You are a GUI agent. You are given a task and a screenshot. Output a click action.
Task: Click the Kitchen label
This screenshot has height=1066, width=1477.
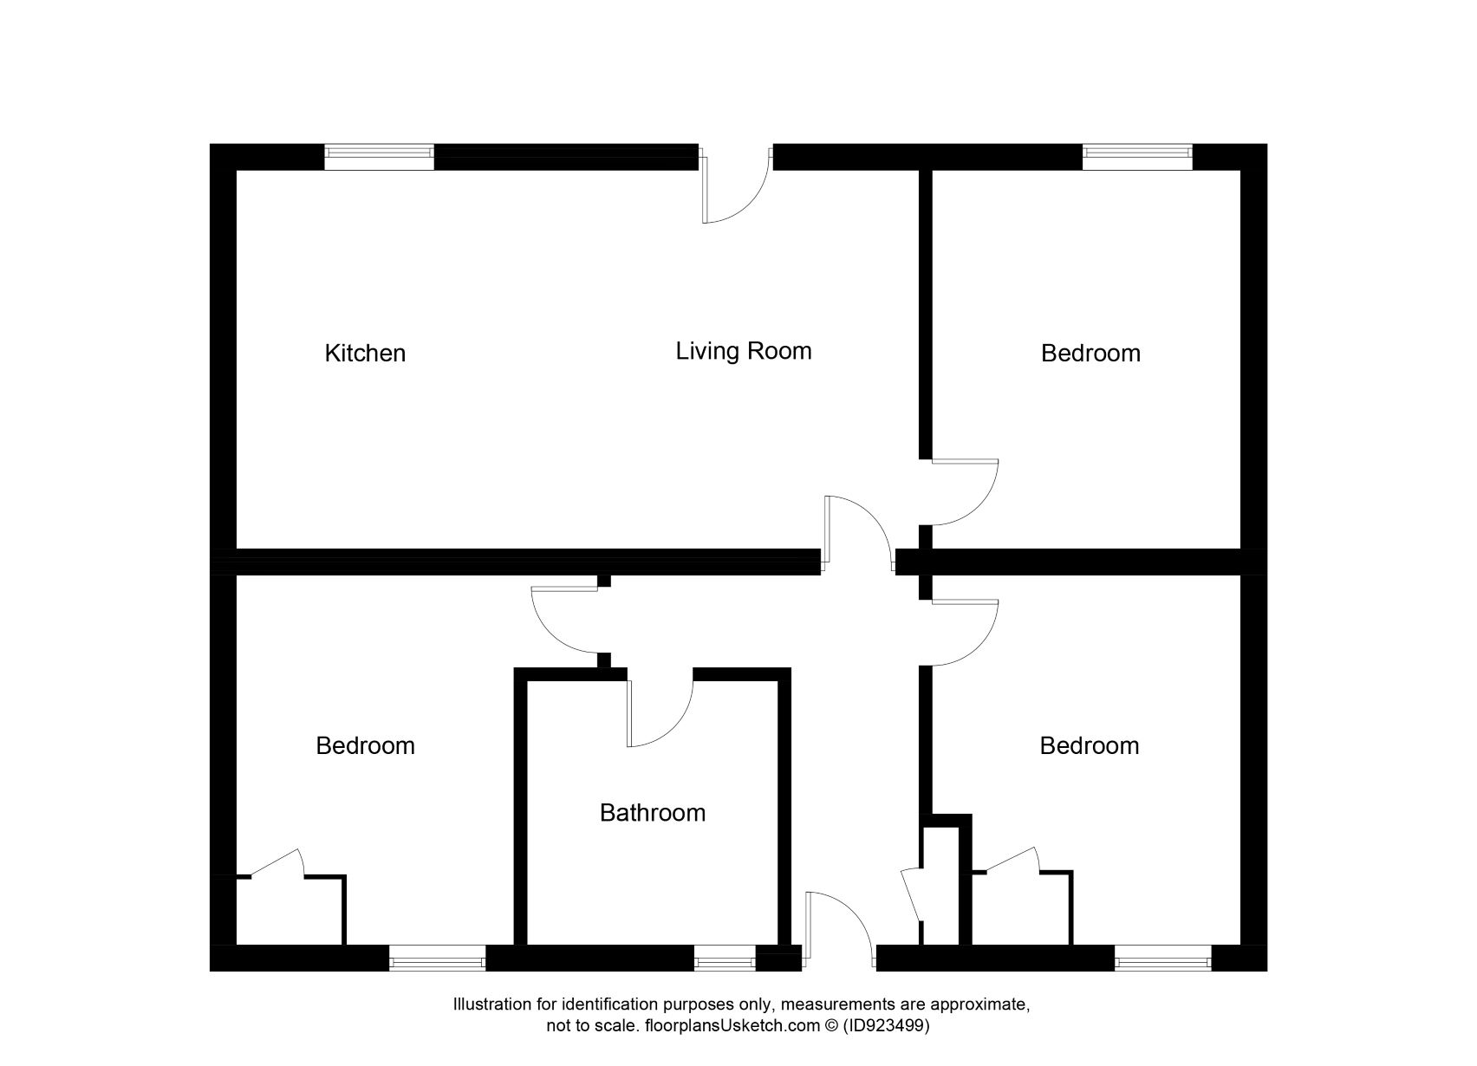[365, 354]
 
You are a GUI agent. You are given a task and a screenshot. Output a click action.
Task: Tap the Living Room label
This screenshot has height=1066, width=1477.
[744, 351]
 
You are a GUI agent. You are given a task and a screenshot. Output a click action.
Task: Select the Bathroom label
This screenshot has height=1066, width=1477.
[653, 813]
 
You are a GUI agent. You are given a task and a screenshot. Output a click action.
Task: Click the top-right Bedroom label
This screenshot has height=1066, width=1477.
[1090, 354]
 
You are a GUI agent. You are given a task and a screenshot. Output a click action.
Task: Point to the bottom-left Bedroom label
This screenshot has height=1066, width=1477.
[365, 746]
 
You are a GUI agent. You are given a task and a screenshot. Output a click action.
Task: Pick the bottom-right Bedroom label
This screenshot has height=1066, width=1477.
[1090, 746]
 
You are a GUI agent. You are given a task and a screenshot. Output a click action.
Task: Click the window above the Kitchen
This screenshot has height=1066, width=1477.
[379, 156]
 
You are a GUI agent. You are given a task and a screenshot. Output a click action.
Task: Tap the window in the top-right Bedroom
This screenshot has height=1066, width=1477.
[1137, 156]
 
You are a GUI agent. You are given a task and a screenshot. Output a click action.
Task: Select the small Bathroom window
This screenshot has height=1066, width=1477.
[725, 959]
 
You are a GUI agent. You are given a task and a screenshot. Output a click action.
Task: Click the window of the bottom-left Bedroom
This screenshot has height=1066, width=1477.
[437, 959]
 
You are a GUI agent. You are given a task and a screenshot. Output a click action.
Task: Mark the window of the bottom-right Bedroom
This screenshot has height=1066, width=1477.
[1162, 959]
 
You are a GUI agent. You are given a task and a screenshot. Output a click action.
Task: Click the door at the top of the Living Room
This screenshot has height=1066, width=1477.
[735, 192]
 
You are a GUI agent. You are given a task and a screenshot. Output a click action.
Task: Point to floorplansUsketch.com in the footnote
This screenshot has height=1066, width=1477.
[731, 1026]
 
